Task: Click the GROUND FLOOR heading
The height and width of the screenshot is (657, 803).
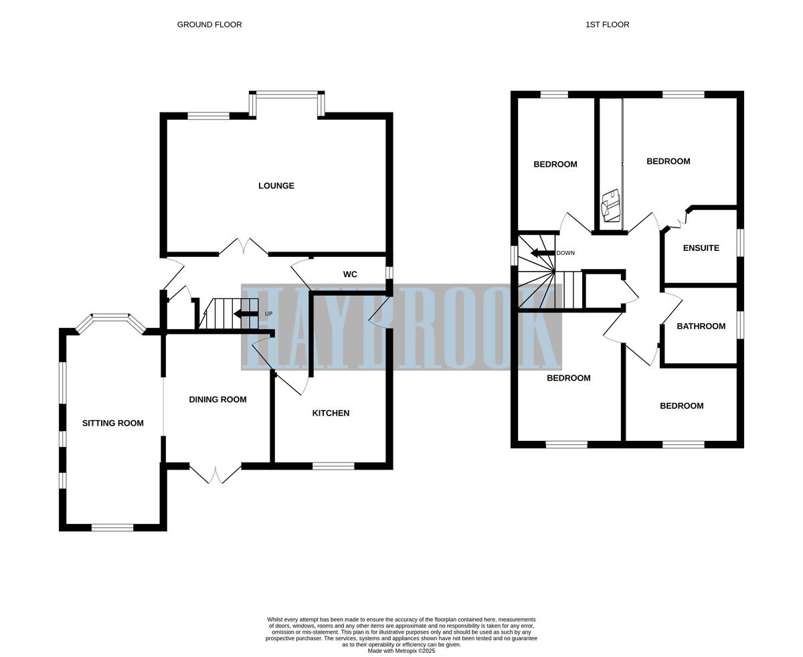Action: point(209,25)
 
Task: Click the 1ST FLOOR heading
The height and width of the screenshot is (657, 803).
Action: point(607,25)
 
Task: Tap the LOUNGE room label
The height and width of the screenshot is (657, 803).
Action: point(276,186)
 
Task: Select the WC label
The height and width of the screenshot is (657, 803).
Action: point(350,274)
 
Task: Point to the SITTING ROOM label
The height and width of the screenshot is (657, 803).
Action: point(113,423)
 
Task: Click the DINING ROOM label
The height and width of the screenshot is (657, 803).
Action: point(217,399)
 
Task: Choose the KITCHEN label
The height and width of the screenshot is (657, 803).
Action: point(331,413)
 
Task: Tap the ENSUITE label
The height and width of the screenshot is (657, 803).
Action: point(701,248)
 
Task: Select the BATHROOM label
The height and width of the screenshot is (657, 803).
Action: point(701,326)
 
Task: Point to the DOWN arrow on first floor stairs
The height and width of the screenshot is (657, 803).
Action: point(543,253)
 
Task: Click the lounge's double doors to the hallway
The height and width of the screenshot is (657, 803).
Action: point(244,248)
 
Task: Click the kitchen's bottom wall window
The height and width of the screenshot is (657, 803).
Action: point(333,466)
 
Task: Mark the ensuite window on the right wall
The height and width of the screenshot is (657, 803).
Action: point(740,243)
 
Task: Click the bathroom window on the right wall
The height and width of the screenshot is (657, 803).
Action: point(740,324)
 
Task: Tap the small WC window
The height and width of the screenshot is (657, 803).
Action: point(389,273)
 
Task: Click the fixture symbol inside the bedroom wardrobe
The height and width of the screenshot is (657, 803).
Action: point(611,206)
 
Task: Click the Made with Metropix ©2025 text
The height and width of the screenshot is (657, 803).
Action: point(401,651)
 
